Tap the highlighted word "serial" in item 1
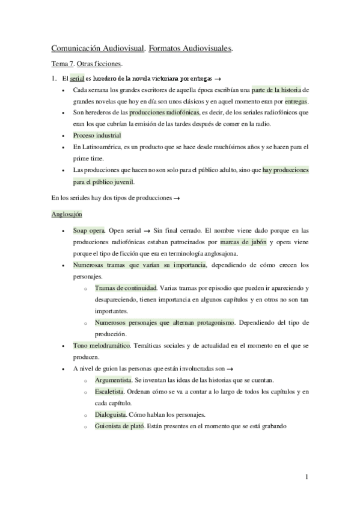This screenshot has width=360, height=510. point(77,79)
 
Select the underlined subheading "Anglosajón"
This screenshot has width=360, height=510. point(67,214)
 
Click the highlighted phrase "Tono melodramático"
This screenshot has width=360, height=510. point(102,346)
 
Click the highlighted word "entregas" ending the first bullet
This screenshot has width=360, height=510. point(296,101)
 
